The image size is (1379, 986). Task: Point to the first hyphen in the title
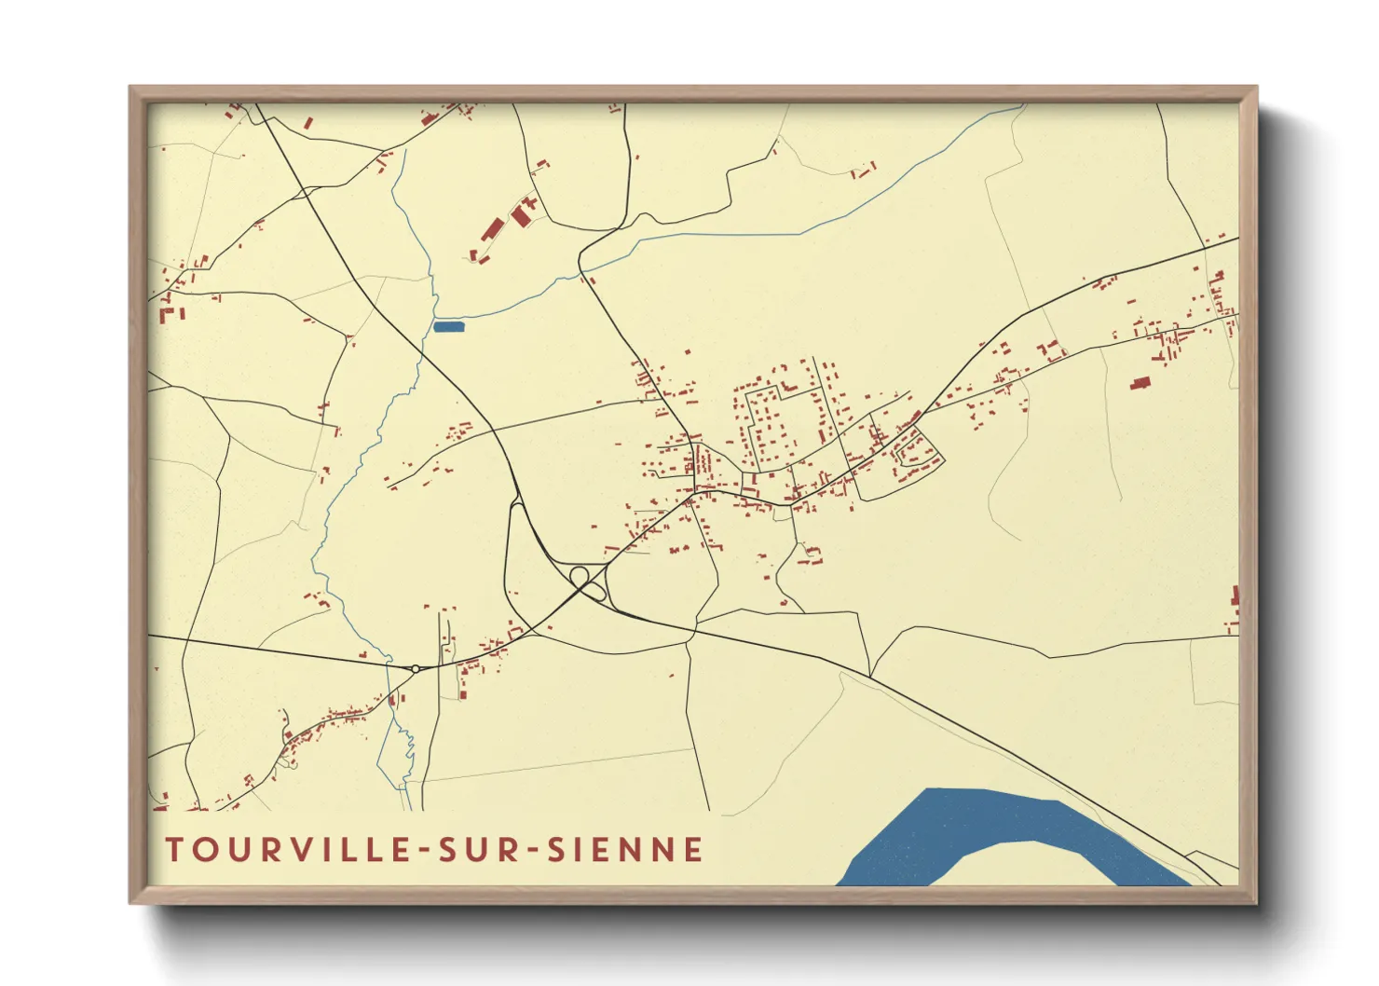424,851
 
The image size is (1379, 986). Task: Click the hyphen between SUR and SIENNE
532,851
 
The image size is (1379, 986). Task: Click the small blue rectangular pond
449,326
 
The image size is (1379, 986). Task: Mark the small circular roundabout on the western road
415,667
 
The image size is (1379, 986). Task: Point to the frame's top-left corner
130,88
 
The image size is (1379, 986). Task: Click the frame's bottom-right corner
1256,902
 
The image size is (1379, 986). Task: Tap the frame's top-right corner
1256,88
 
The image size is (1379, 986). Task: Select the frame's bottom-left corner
130,902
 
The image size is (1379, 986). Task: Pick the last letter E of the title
692,850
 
